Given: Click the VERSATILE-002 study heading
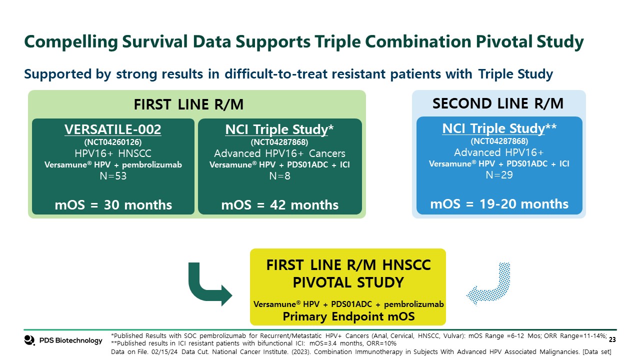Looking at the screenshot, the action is [x=113, y=129].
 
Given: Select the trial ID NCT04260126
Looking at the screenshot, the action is [x=113, y=142].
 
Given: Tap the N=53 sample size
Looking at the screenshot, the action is [x=113, y=176].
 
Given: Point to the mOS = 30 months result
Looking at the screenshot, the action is [x=113, y=205].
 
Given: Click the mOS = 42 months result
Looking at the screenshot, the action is [x=279, y=205].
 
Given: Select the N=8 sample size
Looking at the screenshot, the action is [x=279, y=176].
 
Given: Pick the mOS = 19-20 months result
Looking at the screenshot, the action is [x=499, y=203].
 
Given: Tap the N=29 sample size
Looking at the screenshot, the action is [x=499, y=175].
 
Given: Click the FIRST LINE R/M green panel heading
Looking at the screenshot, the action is [x=188, y=104].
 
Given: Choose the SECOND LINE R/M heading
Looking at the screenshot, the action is [x=498, y=103].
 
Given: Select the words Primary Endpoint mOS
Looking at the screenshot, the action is [x=348, y=316].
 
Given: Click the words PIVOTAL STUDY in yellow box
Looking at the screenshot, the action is [x=348, y=282].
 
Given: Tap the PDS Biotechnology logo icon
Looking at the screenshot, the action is [x=29, y=340].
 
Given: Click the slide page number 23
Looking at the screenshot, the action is [x=612, y=339].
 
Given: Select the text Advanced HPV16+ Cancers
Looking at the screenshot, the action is [x=279, y=153].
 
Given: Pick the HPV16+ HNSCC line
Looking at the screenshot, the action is [x=113, y=153].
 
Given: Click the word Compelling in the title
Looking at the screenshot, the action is [x=71, y=41].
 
